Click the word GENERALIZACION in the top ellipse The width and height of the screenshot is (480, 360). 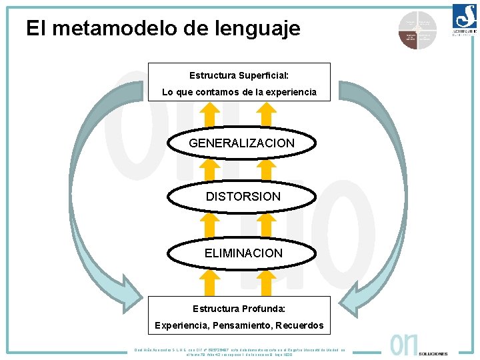241,143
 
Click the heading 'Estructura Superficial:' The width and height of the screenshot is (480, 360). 239,75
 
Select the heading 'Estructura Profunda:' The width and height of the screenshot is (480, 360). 239,309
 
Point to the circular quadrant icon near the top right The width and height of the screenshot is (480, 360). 417,30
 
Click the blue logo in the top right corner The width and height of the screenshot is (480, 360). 464,18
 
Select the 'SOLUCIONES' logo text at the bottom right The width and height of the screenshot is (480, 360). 434,353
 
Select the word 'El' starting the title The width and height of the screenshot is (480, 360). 35,28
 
